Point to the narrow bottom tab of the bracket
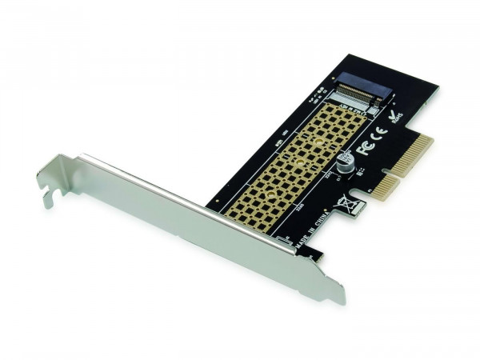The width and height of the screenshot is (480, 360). [334, 292]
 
